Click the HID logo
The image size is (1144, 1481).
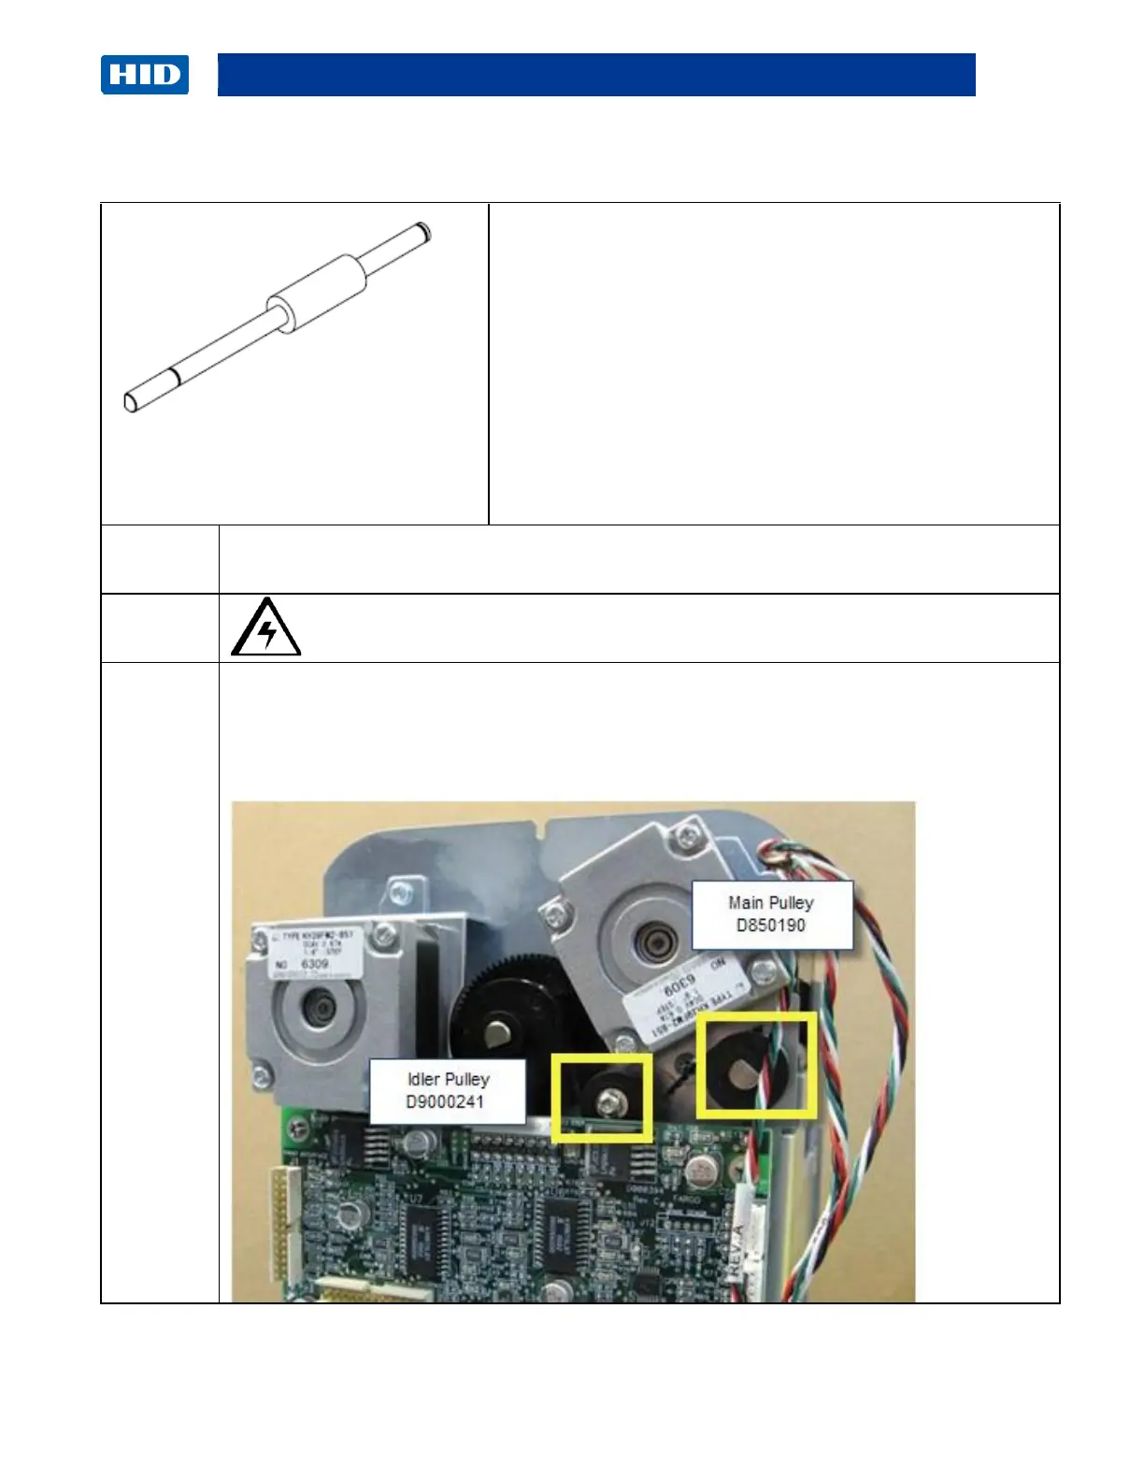[145, 75]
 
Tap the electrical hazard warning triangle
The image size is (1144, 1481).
[266, 628]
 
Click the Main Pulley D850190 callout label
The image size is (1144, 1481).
[771, 913]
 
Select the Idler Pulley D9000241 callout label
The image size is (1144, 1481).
[447, 1090]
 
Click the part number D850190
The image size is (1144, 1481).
[771, 926]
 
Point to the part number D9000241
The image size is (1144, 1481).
[445, 1101]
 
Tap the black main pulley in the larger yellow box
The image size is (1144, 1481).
[737, 1065]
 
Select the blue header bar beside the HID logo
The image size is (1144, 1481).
[596, 75]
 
